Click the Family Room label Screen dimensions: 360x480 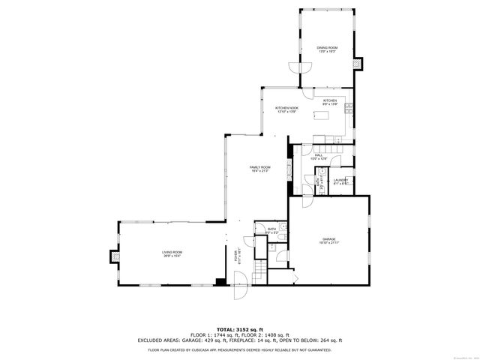tap(260, 169)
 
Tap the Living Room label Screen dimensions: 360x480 tap(172, 254)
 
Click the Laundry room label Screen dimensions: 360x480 tap(340, 181)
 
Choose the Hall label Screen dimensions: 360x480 tap(319, 157)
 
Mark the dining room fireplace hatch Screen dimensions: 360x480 tap(358, 63)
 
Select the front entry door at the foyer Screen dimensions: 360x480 tap(240, 289)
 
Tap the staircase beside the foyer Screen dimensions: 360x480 tap(260, 269)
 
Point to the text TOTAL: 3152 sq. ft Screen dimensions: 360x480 tap(239, 329)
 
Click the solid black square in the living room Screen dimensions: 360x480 tap(220, 282)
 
